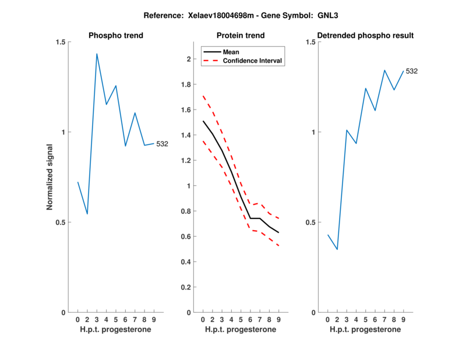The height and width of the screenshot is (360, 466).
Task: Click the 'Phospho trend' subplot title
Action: (x=115, y=36)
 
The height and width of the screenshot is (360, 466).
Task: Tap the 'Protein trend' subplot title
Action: (x=241, y=36)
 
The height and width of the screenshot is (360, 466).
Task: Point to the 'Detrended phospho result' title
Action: (x=365, y=36)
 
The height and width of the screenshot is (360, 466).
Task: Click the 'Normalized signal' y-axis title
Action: (x=50, y=177)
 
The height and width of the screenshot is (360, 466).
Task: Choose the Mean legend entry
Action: (x=231, y=52)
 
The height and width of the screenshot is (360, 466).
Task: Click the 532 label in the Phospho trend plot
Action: (x=162, y=144)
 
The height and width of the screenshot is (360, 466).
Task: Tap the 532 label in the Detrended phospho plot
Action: (x=412, y=71)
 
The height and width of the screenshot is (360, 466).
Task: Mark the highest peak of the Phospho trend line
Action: (x=97, y=54)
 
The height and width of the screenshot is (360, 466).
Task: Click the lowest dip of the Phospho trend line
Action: (x=87, y=214)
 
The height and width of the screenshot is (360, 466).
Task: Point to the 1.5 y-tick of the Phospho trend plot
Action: (x=61, y=42)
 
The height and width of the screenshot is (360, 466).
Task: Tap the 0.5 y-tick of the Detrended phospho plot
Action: (x=310, y=223)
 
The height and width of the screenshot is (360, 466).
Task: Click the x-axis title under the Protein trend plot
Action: (x=241, y=330)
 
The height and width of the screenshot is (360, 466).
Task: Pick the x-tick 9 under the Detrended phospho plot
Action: (x=403, y=320)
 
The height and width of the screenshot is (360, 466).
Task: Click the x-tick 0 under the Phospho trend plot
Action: (x=77, y=320)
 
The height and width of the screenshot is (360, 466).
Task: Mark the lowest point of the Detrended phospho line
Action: (x=337, y=249)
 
